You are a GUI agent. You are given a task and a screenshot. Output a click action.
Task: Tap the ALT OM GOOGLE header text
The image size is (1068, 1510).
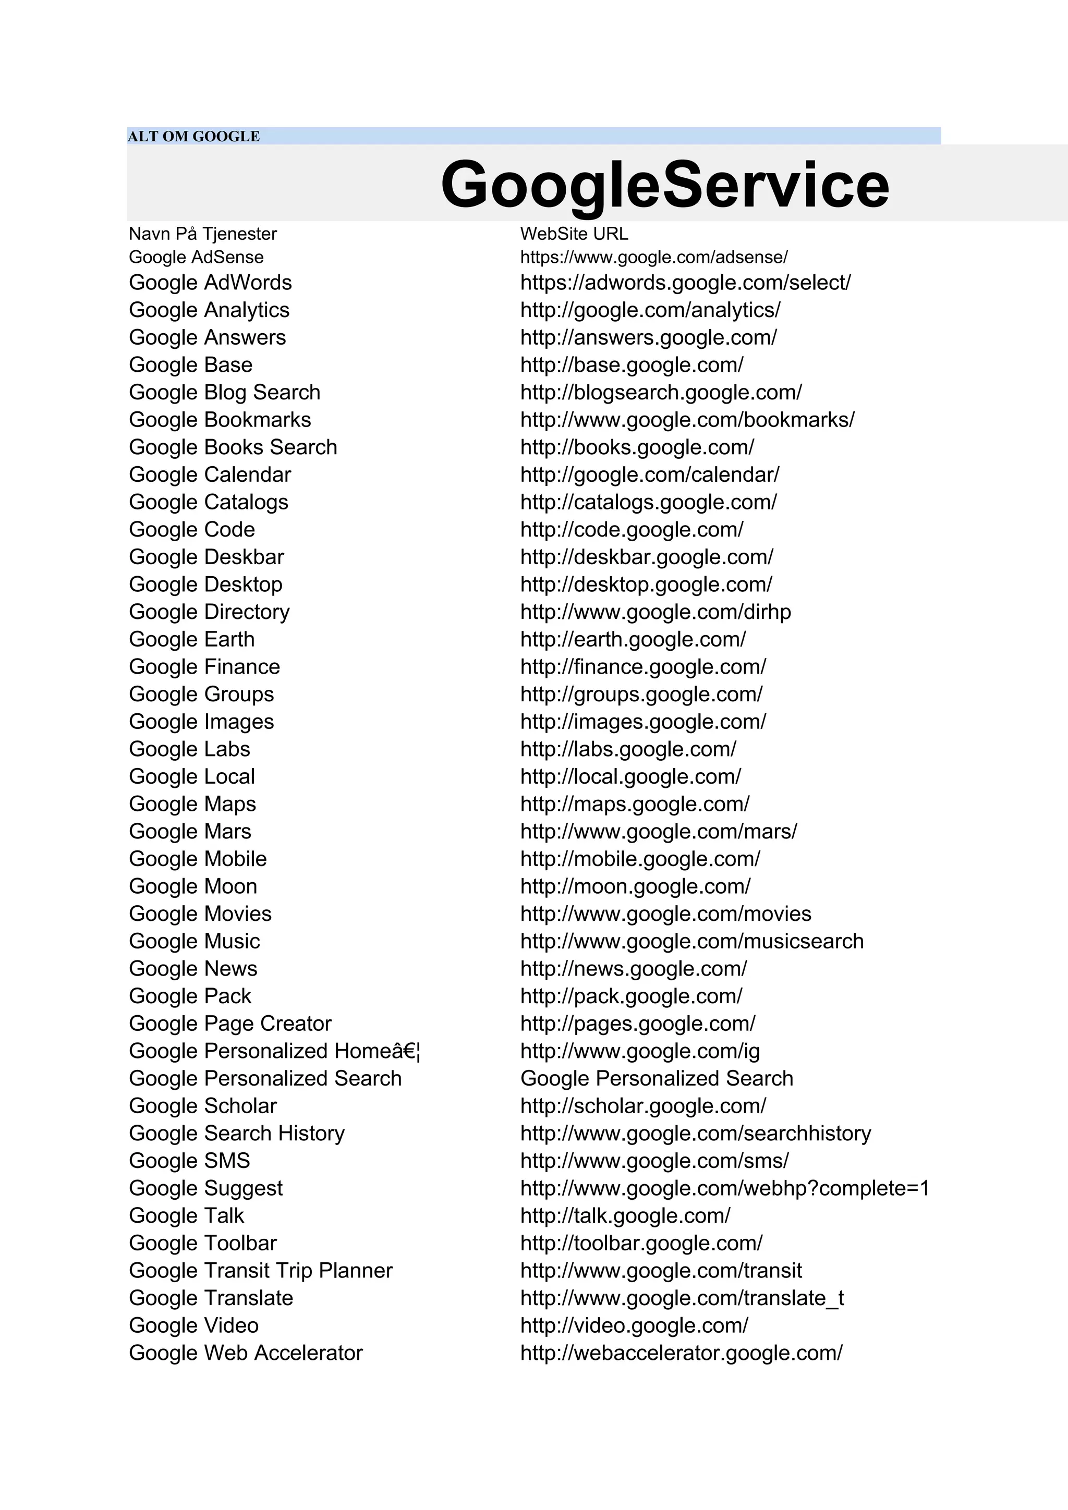[x=193, y=136]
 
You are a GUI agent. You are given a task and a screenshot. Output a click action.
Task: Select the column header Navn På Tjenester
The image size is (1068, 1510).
[x=202, y=234]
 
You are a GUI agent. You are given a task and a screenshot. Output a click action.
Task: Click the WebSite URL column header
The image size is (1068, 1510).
[x=574, y=234]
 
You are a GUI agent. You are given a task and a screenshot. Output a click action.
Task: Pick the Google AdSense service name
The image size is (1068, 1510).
[x=196, y=257]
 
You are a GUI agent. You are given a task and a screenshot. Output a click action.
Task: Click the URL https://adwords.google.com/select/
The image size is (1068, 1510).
[x=685, y=283]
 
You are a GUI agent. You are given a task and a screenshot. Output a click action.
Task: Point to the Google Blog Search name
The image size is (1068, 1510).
[x=224, y=393]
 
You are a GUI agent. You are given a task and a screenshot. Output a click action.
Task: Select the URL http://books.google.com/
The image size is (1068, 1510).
[x=637, y=447]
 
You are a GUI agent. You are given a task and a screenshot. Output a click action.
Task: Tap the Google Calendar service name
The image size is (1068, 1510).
[x=210, y=475]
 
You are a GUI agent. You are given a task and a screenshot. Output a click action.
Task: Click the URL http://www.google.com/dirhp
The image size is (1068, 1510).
[x=655, y=612]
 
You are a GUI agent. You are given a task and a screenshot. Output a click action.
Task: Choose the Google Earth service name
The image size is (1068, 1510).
[x=191, y=639]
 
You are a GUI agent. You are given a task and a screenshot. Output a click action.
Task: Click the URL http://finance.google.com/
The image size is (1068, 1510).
[x=642, y=667]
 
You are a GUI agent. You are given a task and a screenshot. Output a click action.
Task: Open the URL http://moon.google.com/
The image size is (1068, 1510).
[x=635, y=886]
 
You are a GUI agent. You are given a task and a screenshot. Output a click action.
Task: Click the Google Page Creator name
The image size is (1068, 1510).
[x=230, y=1024]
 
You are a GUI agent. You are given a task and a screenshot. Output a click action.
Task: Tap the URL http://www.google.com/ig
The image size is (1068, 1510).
[x=639, y=1051]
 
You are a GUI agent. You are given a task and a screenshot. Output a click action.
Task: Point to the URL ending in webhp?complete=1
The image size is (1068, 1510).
[x=724, y=1188]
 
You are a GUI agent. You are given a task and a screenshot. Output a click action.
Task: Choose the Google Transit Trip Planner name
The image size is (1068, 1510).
[x=260, y=1271]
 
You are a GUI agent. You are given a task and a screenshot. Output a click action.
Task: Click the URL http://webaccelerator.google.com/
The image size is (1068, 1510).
[x=681, y=1353]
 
